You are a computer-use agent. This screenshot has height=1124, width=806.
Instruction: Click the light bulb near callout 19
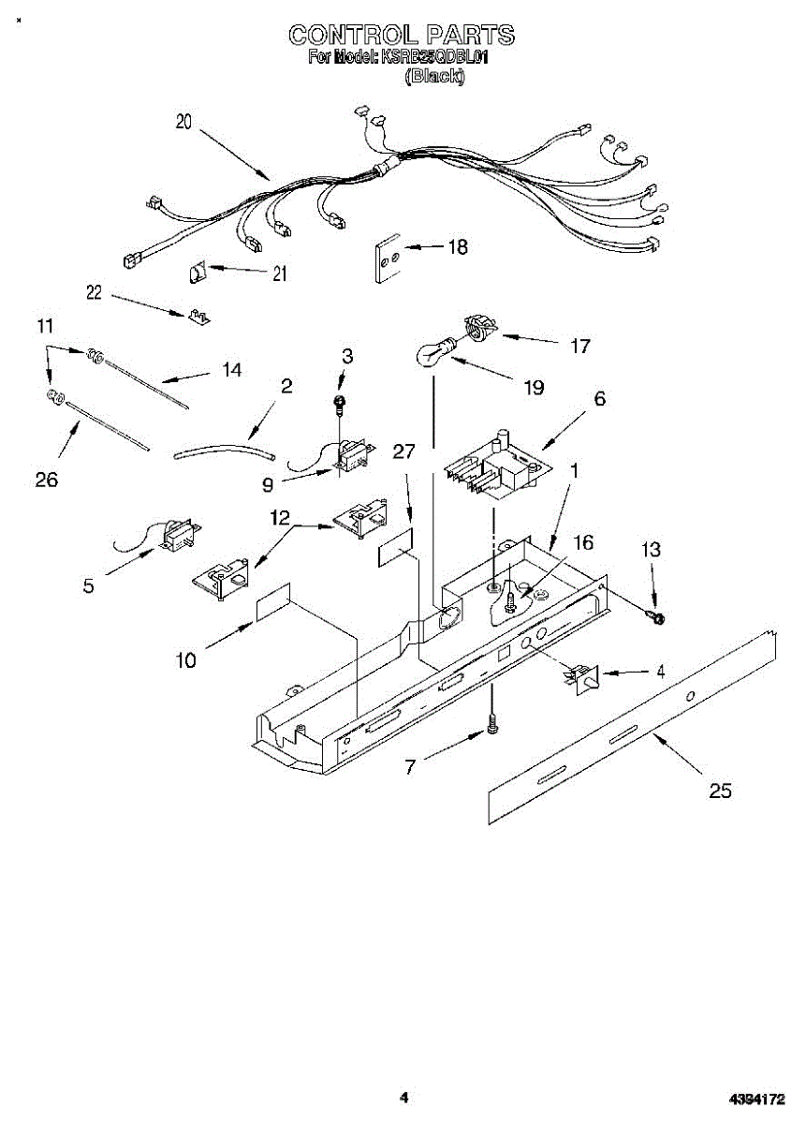pyautogui.click(x=433, y=355)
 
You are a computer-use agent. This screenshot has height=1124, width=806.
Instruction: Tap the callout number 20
pyautogui.click(x=183, y=122)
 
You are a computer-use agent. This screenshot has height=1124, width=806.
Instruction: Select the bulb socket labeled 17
pyautogui.click(x=480, y=329)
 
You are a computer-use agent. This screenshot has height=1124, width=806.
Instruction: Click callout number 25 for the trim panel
pyautogui.click(x=719, y=791)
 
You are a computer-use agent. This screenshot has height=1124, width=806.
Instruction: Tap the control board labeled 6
pyautogui.click(x=494, y=466)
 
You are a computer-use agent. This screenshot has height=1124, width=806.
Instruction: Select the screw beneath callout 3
pyautogui.click(x=341, y=404)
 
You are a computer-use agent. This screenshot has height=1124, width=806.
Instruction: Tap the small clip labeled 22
pyautogui.click(x=198, y=316)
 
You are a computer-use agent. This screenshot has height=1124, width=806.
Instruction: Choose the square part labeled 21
pyautogui.click(x=197, y=273)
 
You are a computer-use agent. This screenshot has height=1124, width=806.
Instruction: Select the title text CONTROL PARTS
pyautogui.click(x=401, y=36)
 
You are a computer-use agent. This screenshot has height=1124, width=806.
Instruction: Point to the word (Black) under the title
pyautogui.click(x=433, y=78)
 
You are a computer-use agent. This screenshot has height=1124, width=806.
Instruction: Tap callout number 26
pyautogui.click(x=45, y=480)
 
